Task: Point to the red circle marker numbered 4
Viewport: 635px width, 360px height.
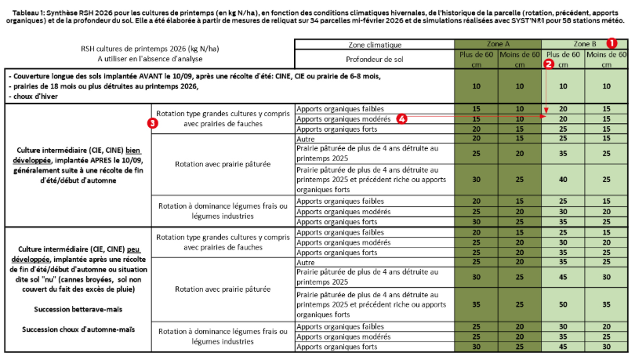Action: [401, 118]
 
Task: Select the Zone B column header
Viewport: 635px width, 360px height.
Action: [586, 45]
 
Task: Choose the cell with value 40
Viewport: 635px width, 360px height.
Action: [564, 180]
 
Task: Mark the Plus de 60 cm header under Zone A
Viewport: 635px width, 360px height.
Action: [477, 59]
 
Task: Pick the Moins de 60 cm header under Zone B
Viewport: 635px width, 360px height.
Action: [607, 59]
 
